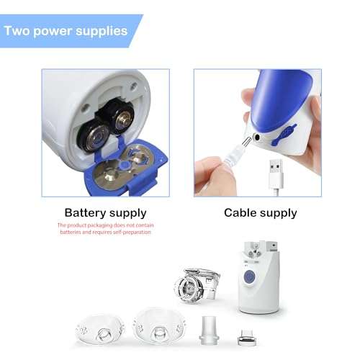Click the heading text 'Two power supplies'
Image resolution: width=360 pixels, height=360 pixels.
[x=66, y=31]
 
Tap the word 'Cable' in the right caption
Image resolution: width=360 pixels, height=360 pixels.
[x=240, y=212]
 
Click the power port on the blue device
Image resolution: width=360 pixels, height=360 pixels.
[x=257, y=135]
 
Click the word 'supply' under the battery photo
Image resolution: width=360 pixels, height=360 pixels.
[x=130, y=213]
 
